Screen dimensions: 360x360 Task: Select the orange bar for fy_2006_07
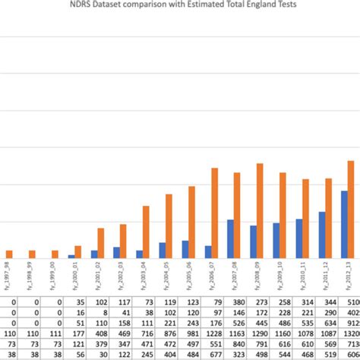214,213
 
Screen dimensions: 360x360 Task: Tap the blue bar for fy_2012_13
344,225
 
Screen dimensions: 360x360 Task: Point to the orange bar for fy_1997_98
9,254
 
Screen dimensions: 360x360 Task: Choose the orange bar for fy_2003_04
146,232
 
